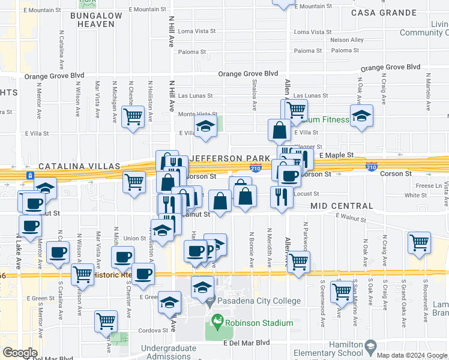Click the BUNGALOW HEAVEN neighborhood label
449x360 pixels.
[x=92, y=19]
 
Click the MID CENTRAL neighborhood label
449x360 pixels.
[x=342, y=206]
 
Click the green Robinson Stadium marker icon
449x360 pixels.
[x=218, y=322]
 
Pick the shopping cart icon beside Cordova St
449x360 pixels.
[x=106, y=320]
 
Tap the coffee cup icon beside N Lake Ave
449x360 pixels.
[x=30, y=226]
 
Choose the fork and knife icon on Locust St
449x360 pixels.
[x=281, y=197]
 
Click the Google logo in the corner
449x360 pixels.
[x=20, y=353]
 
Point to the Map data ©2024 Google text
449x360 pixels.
[x=412, y=355]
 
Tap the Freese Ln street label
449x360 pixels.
[x=427, y=186]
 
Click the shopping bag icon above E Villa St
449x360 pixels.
[x=280, y=130]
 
